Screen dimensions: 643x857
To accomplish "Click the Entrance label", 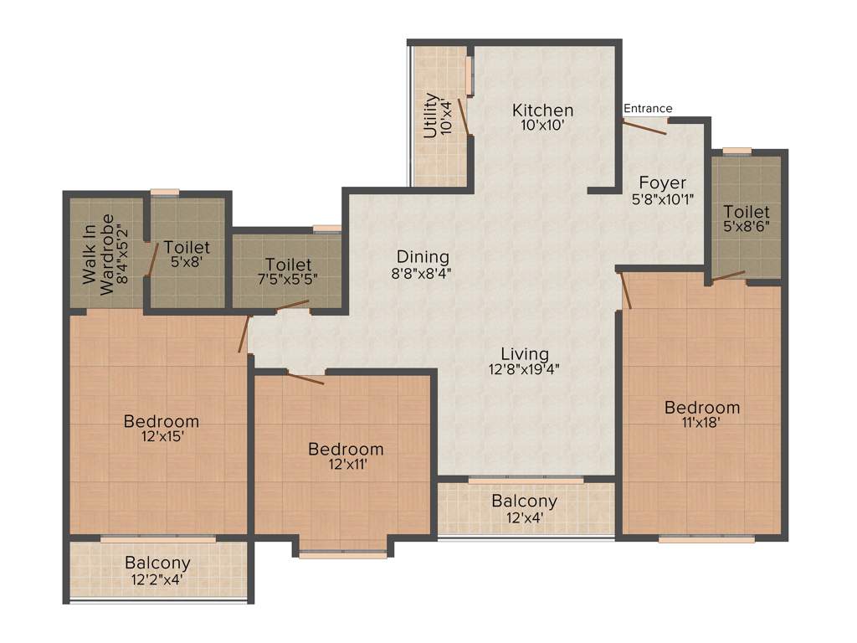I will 648,108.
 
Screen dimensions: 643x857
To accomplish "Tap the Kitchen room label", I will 543,111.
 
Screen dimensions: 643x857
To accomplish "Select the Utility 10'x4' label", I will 438,115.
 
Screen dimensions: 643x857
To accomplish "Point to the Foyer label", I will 662,183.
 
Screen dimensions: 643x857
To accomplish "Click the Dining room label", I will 423,257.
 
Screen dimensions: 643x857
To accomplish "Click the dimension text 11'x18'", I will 701,422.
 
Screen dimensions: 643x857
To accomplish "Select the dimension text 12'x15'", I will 162,435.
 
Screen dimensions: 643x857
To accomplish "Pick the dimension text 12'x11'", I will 346,464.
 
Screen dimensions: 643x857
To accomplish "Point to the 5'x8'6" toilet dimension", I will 747,226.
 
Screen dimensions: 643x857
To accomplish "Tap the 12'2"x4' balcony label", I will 157,578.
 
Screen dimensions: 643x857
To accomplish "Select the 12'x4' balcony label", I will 524,517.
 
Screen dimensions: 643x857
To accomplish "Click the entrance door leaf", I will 644,127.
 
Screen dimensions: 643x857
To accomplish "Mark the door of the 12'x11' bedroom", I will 305,378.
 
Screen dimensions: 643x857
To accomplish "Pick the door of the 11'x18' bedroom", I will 624,290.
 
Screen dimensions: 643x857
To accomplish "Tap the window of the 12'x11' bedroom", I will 343,553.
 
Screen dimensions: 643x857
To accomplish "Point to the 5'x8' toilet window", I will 165,193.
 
